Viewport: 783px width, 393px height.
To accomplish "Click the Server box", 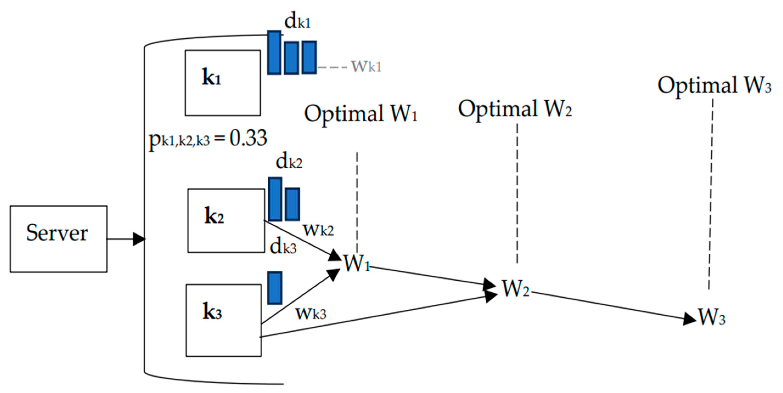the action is point(58,239).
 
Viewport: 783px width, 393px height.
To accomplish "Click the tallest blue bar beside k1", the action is point(274,53).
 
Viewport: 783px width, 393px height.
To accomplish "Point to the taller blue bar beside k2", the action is point(275,199).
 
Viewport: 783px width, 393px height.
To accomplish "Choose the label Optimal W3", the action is point(715,85).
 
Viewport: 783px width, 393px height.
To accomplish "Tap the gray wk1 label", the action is point(366,66).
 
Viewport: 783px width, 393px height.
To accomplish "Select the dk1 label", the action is point(298,22).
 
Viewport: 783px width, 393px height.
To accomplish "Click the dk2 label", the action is point(289,162).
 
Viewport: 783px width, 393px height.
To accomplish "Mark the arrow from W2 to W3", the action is point(614,306).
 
